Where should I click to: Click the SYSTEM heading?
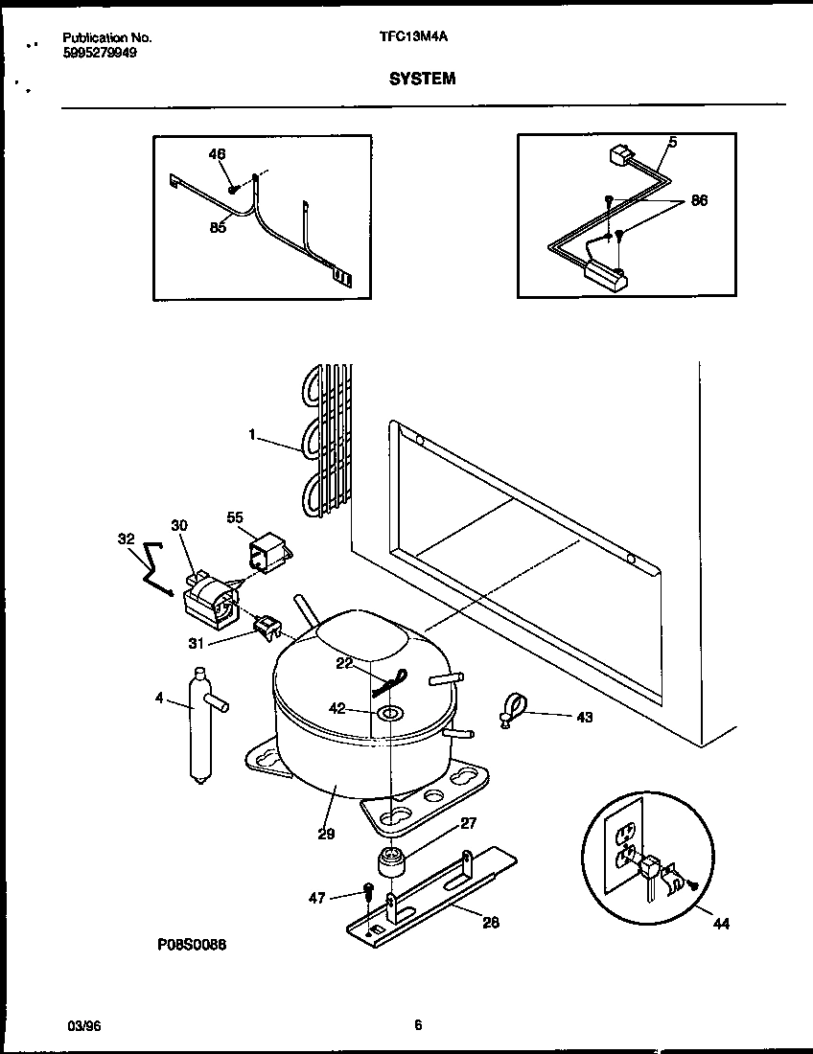pyautogui.click(x=422, y=80)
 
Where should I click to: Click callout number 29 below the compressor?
pyautogui.click(x=326, y=834)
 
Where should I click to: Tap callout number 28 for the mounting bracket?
pyautogui.click(x=490, y=923)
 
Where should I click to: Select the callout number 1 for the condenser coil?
pyautogui.click(x=252, y=434)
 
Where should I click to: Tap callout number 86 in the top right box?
pyautogui.click(x=699, y=201)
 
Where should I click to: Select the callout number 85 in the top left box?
pyautogui.click(x=218, y=227)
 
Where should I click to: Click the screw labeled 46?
pyautogui.click(x=233, y=189)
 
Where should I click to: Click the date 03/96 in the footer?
pyautogui.click(x=84, y=1025)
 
